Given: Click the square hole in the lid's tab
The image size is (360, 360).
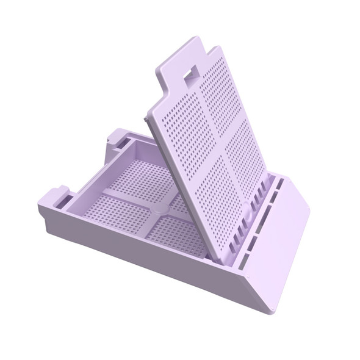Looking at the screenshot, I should [190, 74].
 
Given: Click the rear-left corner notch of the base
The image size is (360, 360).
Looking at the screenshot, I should [119, 139].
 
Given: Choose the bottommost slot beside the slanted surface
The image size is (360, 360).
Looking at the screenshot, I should [245, 262].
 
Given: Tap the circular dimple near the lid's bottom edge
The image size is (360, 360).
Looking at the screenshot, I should [247, 207].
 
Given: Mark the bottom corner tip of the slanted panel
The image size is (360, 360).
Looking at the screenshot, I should [268, 309].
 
